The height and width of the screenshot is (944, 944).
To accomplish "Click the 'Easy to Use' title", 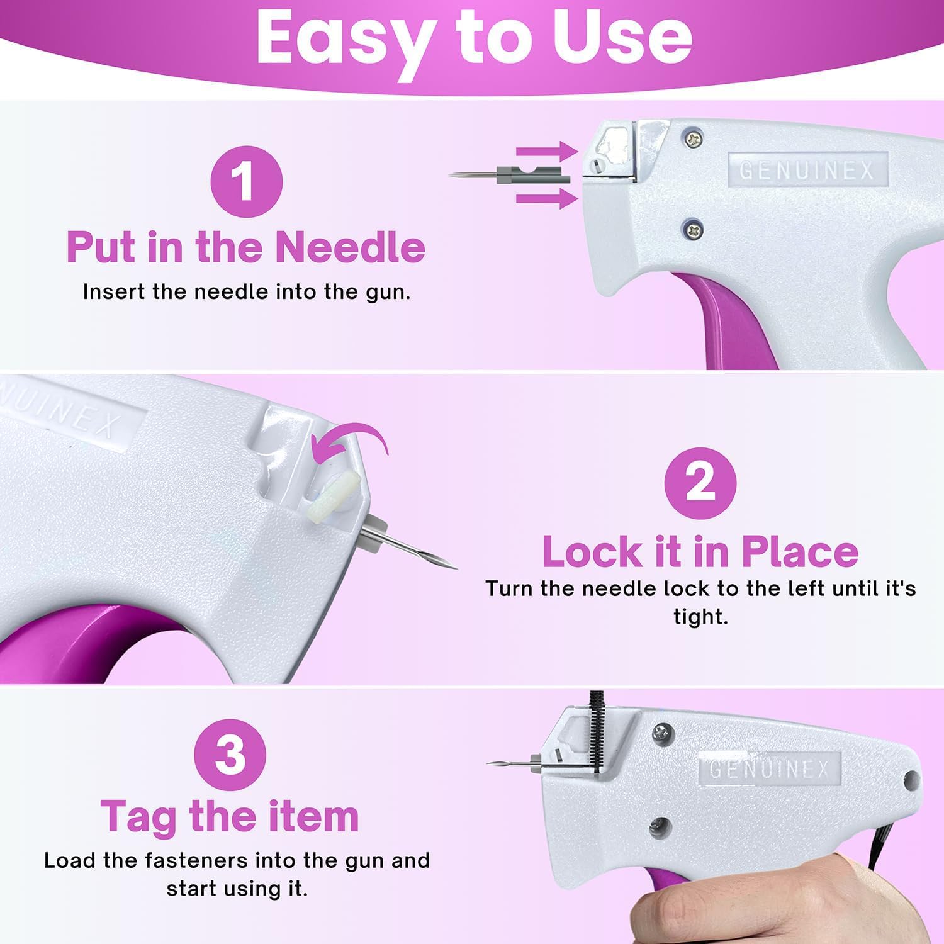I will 473,38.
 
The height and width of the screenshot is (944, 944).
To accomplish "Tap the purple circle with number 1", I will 246,182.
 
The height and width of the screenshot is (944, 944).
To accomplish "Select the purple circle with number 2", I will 700,483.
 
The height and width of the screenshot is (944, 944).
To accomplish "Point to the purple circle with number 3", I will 230,755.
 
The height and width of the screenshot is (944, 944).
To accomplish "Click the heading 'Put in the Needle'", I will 246,247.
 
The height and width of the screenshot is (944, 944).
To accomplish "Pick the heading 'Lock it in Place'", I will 700,552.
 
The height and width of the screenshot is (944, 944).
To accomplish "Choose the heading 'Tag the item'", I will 230,816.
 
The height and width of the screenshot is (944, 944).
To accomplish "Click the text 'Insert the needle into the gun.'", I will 246,292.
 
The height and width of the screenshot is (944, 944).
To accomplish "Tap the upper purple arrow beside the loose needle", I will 546,151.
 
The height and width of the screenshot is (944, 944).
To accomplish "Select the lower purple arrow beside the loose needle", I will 546,199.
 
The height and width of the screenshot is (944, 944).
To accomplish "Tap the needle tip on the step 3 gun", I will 491,763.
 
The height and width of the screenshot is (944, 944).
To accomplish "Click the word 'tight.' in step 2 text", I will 700,617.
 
